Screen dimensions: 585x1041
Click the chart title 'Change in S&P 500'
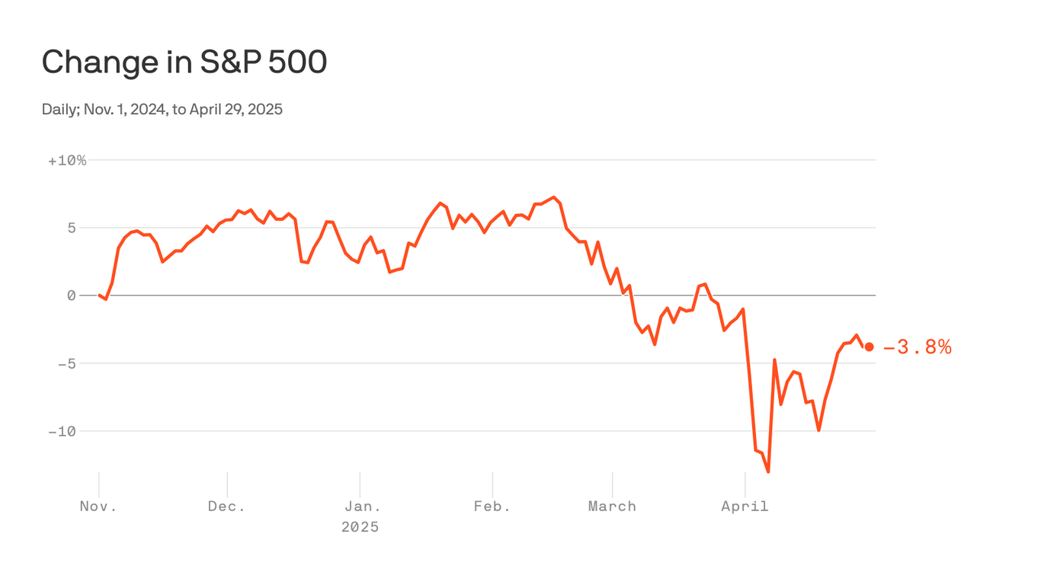click(184, 62)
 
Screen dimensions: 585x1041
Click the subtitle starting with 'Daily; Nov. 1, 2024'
click(162, 110)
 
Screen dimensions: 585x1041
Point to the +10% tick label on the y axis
click(67, 161)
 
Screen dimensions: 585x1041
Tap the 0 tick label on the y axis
click(72, 296)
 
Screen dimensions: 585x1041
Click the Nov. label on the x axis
click(98, 507)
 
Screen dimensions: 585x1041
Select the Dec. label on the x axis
click(227, 507)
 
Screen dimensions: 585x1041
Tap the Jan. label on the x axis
click(360, 507)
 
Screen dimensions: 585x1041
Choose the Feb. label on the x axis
click(492, 507)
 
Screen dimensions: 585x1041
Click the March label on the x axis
click(612, 507)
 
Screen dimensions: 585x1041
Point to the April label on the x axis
click(745, 507)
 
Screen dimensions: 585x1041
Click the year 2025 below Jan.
click(360, 527)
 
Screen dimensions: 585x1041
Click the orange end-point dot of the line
click(869, 347)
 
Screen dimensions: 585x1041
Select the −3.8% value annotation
click(918, 348)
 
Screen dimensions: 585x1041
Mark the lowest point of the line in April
click(768, 472)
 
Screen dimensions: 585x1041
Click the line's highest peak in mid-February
click(554, 197)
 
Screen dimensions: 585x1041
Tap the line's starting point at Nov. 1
click(99, 295)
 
